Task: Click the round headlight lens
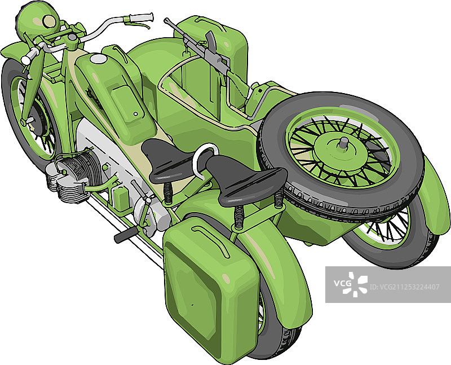click(x=49, y=21)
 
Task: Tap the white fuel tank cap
click(x=98, y=59)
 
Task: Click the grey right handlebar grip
click(x=141, y=17)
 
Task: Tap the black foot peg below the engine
click(x=126, y=235)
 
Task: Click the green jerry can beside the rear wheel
click(x=210, y=288)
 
